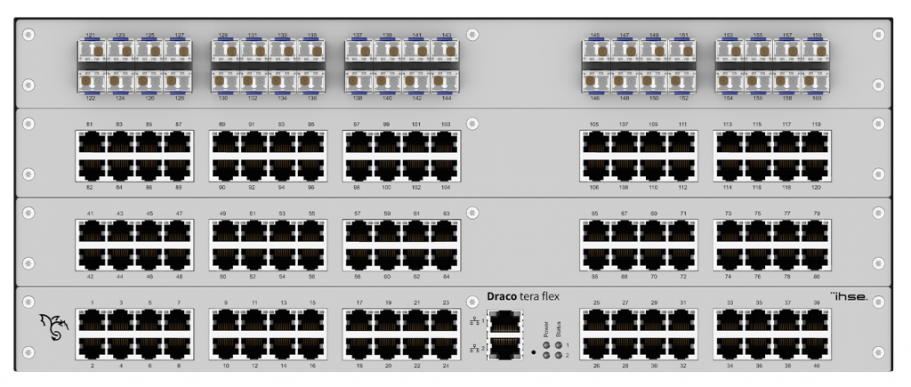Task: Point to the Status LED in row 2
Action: pyautogui.click(x=558, y=354)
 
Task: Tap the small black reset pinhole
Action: pyautogui.click(x=533, y=352)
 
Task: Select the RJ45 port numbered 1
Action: pyautogui.click(x=92, y=321)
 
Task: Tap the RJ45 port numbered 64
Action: pyautogui.click(x=446, y=258)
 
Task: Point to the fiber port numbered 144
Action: pyautogui.click(x=446, y=79)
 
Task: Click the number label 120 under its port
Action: pyautogui.click(x=816, y=188)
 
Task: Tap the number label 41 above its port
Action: pyautogui.click(x=90, y=214)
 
